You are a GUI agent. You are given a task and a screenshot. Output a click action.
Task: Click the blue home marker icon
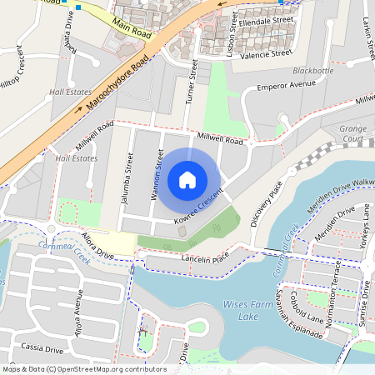[x=187, y=179]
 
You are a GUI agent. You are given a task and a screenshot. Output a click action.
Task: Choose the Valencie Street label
[x=266, y=52]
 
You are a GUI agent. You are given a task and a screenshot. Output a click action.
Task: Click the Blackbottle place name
[x=313, y=72]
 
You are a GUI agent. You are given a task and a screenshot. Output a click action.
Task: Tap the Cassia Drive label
[x=42, y=348]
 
